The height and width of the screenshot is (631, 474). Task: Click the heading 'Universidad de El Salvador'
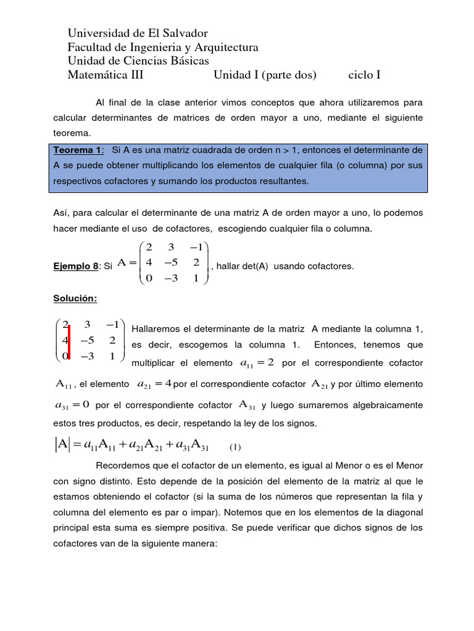tap(138, 33)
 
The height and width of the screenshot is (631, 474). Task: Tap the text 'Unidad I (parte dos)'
tap(265, 75)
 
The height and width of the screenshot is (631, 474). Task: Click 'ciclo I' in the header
tap(364, 75)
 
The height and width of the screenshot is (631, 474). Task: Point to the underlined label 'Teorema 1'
tap(78, 150)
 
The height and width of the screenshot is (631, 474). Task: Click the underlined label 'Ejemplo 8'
tap(75, 266)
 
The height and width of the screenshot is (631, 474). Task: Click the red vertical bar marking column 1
tap(70, 340)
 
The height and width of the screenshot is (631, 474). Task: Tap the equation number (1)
tap(235, 447)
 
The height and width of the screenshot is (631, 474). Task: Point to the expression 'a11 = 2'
tap(255, 364)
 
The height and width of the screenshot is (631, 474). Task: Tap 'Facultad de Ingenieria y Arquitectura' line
tap(163, 47)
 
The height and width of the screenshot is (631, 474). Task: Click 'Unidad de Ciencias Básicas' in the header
tap(138, 61)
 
